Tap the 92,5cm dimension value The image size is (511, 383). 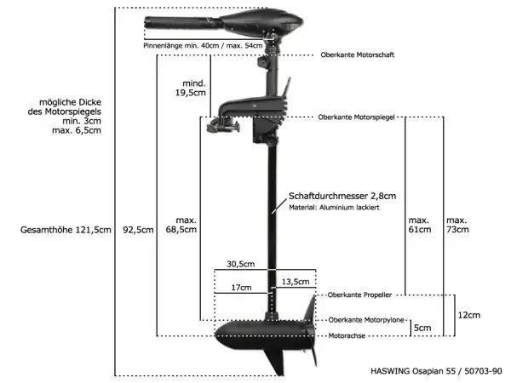click(138, 230)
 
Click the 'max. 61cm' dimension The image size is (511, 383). click(420, 224)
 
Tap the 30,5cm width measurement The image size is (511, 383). click(241, 263)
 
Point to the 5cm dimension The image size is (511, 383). click(422, 327)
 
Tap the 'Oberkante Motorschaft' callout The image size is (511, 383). click(358, 54)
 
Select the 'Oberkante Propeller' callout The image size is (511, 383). click(359, 294)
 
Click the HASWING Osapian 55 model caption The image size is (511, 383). click(437, 371)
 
